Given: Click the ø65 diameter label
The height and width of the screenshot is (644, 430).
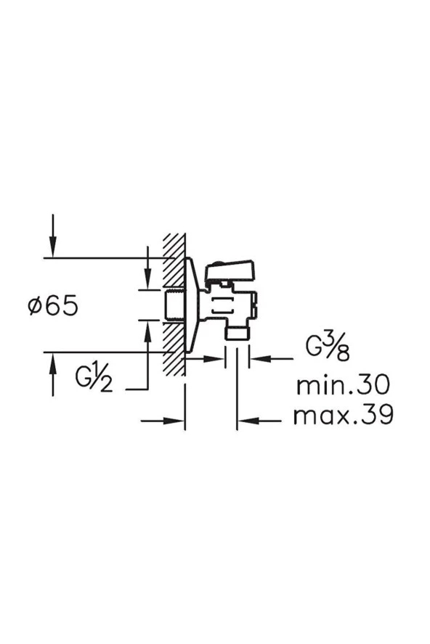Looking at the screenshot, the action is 53,306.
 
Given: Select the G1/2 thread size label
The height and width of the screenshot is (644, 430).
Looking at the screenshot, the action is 94,378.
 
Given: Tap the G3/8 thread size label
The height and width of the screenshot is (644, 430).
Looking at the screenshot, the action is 328,347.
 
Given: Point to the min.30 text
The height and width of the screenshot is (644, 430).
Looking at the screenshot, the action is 343,386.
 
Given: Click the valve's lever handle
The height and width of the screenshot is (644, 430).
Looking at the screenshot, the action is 230,270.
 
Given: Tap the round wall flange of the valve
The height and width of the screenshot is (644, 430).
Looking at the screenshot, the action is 192,305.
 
